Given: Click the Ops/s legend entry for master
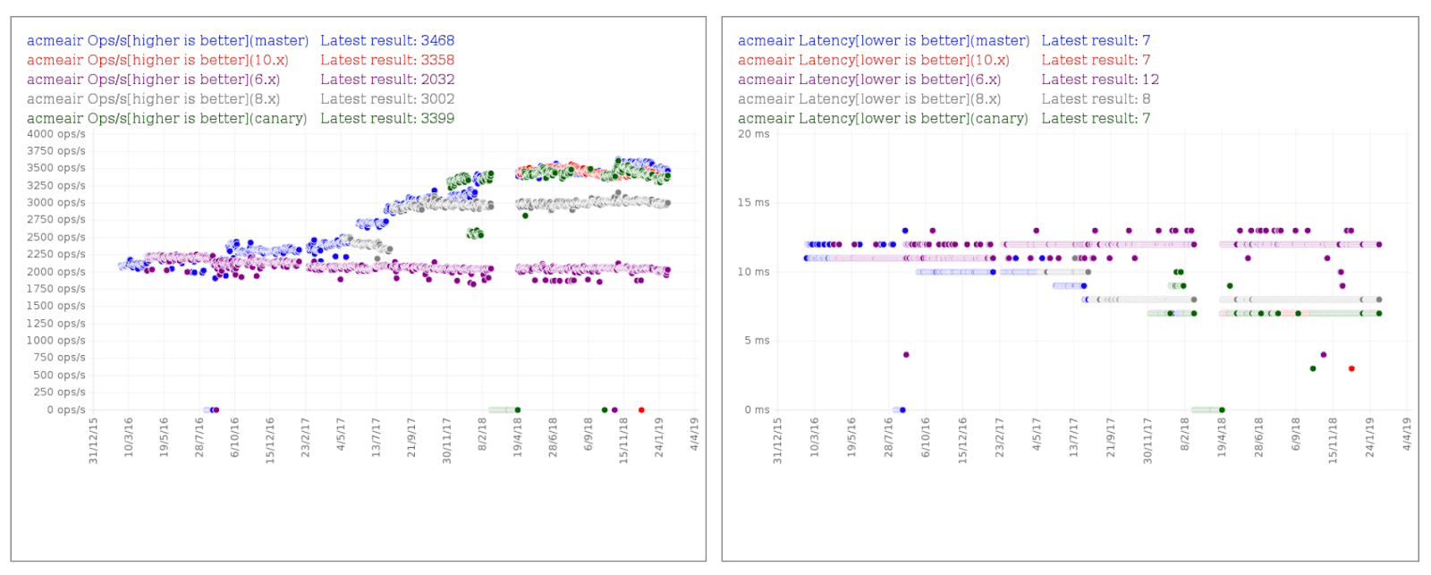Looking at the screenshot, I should [167, 40].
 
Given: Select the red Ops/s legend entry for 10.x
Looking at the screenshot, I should [157, 60].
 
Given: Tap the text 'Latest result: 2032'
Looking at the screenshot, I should [387, 80].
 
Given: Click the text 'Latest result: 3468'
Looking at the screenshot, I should [387, 40].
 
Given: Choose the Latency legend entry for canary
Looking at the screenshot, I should [883, 118].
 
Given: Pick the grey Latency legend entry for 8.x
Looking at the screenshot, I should [869, 99].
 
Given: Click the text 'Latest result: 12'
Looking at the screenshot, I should [1100, 80].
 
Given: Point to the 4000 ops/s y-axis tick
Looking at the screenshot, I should [56, 134].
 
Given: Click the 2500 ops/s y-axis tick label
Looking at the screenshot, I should [56, 237].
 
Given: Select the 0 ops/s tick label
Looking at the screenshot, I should [66, 410].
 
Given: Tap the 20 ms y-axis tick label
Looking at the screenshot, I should [753, 134].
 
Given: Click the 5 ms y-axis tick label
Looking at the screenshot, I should [757, 341].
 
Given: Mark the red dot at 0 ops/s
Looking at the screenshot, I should [641, 410].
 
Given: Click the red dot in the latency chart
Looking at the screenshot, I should [1351, 368].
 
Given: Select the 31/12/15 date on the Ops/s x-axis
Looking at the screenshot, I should [93, 440].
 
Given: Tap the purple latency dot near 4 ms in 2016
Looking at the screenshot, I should [906, 355].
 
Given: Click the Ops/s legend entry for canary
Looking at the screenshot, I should [166, 118].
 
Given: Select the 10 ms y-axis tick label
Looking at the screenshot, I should [753, 272].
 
